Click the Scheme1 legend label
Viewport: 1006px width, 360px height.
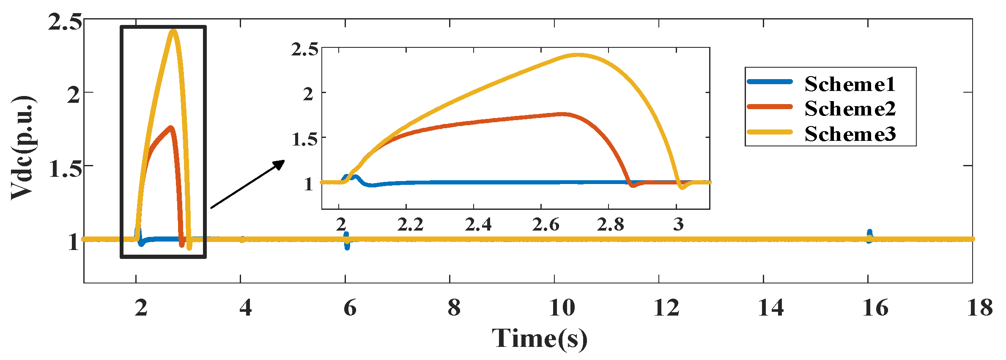[x=850, y=84]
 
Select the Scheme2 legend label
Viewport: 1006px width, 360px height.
[x=850, y=109]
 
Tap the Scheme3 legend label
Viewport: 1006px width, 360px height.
[x=850, y=134]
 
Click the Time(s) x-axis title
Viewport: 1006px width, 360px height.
[x=540, y=339]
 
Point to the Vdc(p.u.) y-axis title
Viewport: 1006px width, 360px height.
[x=23, y=148]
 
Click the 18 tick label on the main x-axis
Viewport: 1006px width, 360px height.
[x=979, y=308]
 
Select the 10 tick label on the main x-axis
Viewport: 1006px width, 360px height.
[x=562, y=308]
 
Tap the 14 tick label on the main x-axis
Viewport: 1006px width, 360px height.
[x=770, y=308]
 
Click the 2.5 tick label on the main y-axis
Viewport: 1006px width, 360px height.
[x=64, y=22]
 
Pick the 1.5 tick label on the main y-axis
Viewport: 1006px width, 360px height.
[x=64, y=169]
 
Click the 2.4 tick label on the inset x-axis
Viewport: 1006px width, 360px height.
[x=478, y=225]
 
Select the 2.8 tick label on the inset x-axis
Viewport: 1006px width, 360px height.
[x=611, y=225]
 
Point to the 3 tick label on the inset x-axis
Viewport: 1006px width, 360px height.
[x=678, y=225]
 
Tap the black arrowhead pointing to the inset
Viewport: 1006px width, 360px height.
[x=280, y=164]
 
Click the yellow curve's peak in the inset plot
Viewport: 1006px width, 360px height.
[x=578, y=55]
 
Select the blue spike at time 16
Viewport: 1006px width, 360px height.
[x=869, y=235]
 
